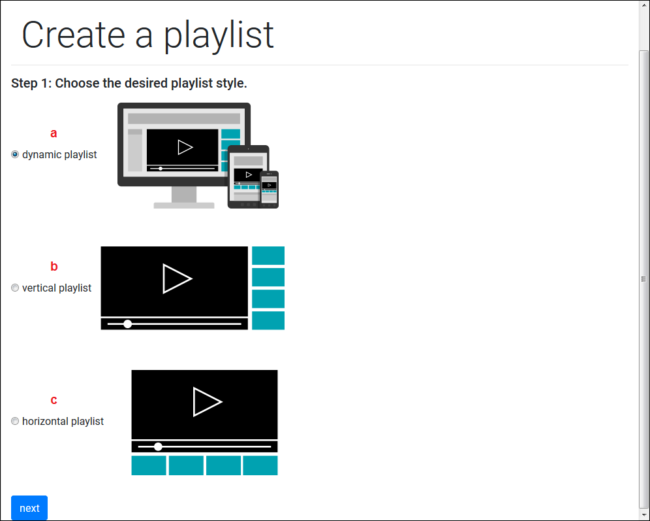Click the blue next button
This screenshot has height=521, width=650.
[29, 508]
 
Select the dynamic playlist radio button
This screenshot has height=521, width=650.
[15, 154]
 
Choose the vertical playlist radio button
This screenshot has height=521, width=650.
[15, 288]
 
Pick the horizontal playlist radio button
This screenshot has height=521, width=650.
[15, 421]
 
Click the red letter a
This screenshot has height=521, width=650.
[54, 133]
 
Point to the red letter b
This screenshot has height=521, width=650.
[54, 267]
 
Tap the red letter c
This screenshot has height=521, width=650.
[54, 400]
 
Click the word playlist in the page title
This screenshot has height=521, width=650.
[219, 35]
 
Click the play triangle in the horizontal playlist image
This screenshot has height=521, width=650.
[207, 401]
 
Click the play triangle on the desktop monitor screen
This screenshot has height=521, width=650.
[185, 147]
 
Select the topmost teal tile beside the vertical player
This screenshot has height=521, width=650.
[268, 256]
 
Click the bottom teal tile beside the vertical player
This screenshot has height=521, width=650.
[268, 320]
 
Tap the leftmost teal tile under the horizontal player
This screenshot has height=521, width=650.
[149, 465]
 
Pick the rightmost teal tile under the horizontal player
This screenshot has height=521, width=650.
[260, 465]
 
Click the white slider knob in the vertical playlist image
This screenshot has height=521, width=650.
[128, 324]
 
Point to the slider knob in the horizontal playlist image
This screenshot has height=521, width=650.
[158, 446]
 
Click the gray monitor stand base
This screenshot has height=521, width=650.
[184, 205]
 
